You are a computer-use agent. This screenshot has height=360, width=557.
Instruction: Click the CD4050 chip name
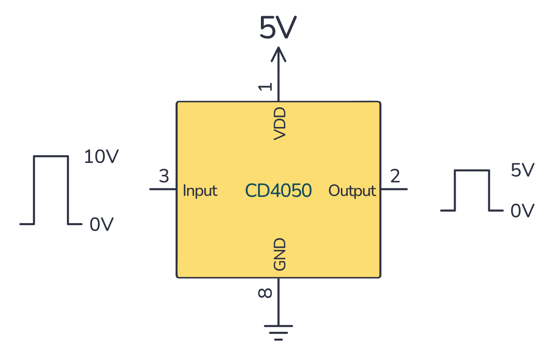(x=278, y=190)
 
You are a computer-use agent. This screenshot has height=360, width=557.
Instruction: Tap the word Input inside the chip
(x=200, y=191)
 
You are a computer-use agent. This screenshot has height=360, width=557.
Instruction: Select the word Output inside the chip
(x=352, y=191)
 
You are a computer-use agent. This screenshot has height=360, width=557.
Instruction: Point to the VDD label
(x=280, y=123)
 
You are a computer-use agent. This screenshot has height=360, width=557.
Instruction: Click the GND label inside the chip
(x=280, y=254)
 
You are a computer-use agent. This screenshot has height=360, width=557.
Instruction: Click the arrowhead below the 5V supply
(x=278, y=54)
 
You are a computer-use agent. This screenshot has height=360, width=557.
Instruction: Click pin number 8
(x=265, y=293)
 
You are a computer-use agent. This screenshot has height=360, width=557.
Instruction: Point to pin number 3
(x=163, y=177)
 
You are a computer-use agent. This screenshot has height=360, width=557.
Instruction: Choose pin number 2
(x=395, y=177)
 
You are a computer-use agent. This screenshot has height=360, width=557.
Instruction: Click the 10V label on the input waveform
(x=101, y=157)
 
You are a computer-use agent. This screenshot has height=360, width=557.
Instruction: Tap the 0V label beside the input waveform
(x=101, y=225)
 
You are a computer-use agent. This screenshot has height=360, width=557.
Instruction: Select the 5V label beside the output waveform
(x=522, y=171)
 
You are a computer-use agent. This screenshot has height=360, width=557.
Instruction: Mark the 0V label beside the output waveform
(x=522, y=211)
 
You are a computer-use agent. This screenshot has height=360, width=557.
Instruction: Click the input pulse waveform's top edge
(x=51, y=156)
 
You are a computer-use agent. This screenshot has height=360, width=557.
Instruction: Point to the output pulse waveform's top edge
(x=472, y=170)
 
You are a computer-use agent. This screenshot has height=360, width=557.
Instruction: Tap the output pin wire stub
(x=394, y=189)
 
